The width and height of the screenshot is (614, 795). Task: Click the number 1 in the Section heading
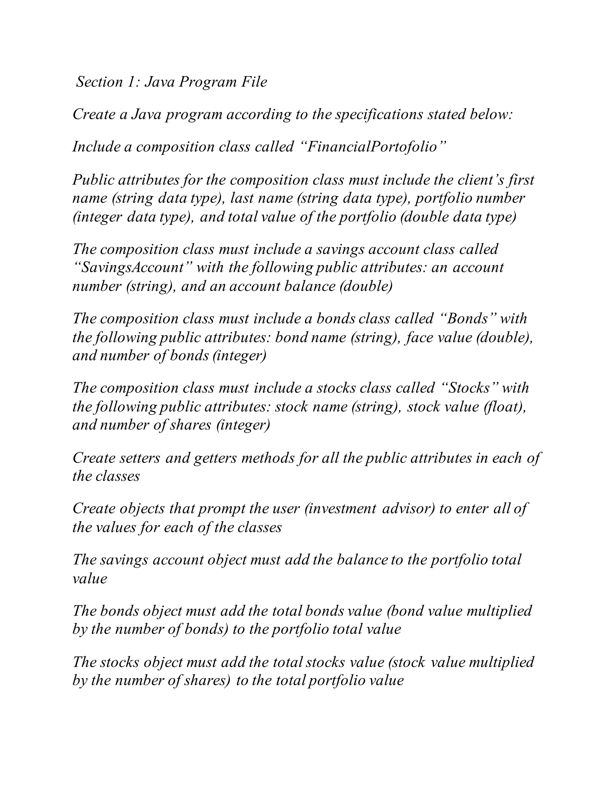click(x=131, y=82)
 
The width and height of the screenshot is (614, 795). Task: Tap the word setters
click(x=140, y=458)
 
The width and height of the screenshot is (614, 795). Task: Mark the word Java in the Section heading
click(x=159, y=82)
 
